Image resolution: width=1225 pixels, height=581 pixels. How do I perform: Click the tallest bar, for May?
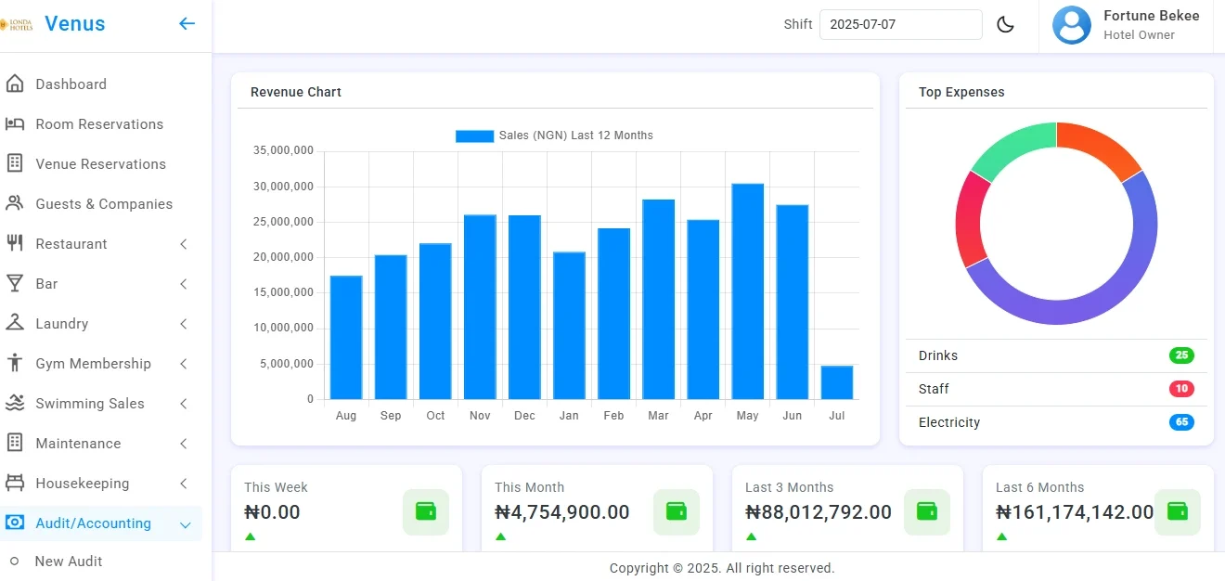[x=747, y=291]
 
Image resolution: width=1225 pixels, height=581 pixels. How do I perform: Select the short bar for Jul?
[x=836, y=382]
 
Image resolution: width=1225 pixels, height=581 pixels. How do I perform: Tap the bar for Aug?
[x=346, y=337]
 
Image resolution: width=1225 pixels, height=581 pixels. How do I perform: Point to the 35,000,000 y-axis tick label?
[x=283, y=151]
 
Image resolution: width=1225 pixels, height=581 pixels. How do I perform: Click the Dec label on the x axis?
[x=524, y=416]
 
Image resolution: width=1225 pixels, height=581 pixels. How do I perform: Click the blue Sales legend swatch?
[x=474, y=136]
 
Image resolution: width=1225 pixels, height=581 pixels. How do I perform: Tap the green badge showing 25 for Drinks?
[x=1181, y=355]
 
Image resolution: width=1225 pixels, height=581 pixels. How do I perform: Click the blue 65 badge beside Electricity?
[x=1181, y=422]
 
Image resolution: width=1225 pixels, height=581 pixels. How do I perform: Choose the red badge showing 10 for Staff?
[x=1181, y=389]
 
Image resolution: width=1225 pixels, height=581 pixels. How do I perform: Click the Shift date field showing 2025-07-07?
[x=899, y=25]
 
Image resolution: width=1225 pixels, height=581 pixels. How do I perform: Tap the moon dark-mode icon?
[x=1005, y=25]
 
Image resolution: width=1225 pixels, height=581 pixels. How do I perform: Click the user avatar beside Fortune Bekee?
[x=1071, y=25]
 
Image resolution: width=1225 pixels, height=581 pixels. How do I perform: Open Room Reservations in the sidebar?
[x=99, y=124]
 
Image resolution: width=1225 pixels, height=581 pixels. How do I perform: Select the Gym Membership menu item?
[x=93, y=364]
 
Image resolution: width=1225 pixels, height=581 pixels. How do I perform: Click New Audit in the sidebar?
[x=69, y=562]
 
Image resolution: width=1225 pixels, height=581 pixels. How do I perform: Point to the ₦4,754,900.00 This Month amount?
[x=562, y=512]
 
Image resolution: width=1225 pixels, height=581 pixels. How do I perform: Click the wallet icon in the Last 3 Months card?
[x=926, y=511]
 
